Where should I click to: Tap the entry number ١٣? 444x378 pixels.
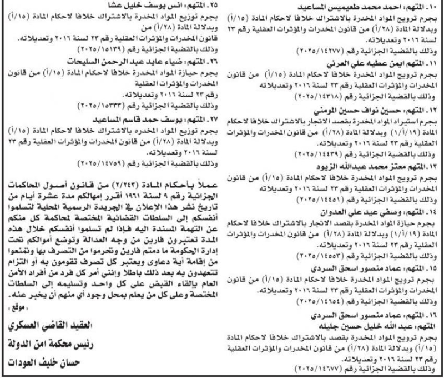point(432,167)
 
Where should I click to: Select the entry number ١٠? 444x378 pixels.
point(432,7)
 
